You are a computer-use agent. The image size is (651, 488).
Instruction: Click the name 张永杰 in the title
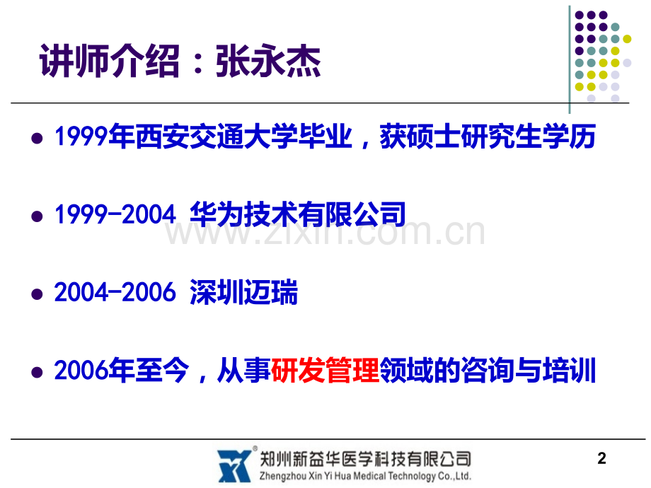point(267,62)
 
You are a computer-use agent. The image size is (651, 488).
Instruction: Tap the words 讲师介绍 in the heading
point(110,62)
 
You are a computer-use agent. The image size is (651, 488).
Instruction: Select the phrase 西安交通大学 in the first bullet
point(217,136)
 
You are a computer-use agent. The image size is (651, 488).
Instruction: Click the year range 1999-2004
point(115,214)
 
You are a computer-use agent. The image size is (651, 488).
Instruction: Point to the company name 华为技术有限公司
point(298,214)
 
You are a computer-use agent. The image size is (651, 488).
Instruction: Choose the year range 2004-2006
point(115,292)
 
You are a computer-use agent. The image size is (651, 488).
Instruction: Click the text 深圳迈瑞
point(243,292)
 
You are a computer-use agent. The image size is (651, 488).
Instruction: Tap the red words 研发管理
point(325,370)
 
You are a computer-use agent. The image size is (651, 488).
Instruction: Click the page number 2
point(601,458)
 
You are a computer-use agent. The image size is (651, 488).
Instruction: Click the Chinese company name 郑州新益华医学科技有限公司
point(365,459)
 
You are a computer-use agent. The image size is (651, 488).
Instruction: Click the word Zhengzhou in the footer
point(283,477)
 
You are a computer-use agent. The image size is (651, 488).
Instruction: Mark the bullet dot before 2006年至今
point(37,372)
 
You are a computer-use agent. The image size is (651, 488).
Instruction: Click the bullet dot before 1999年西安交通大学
point(37,138)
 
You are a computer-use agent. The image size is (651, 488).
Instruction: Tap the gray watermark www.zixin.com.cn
point(325,233)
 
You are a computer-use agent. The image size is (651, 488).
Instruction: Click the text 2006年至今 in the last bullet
point(122,370)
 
